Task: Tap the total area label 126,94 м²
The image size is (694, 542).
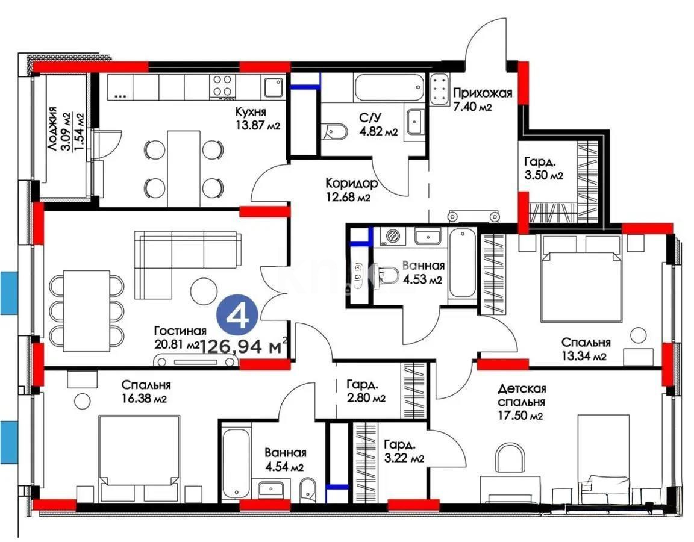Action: point(243,346)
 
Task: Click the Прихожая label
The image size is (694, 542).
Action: point(482,93)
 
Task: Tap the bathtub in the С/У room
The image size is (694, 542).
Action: point(389,88)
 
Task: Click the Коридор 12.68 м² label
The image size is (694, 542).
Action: point(351,183)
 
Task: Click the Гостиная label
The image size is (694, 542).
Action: point(180,331)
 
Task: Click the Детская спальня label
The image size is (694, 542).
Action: point(522,395)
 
